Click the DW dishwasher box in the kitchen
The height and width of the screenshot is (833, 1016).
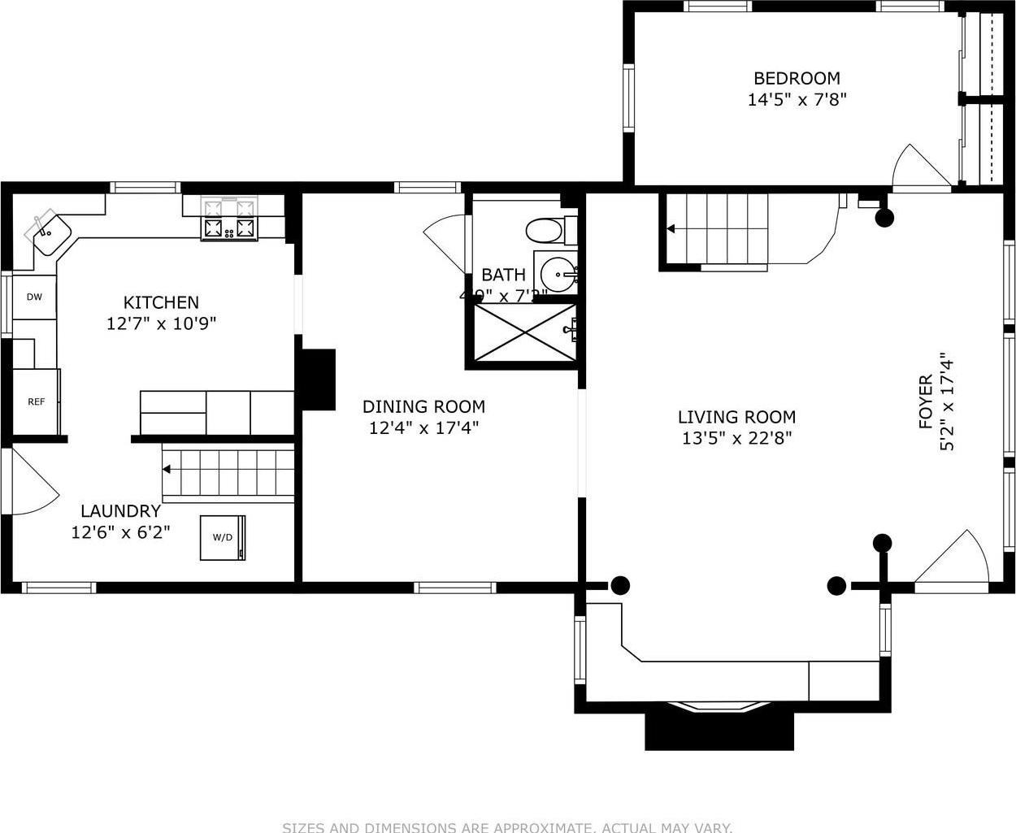click(x=34, y=297)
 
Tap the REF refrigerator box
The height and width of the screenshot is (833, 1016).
click(x=37, y=401)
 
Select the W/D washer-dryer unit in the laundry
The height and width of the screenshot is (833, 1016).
click(x=223, y=537)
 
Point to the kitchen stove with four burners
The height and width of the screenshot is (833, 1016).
click(x=229, y=228)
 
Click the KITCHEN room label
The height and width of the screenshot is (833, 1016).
click(x=161, y=302)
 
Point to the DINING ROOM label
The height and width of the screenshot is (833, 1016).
click(x=423, y=406)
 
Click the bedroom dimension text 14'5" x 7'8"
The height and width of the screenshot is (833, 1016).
click(x=797, y=100)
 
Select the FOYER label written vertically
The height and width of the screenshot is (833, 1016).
click(x=926, y=401)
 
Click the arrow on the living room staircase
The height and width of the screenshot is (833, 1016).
click(x=671, y=229)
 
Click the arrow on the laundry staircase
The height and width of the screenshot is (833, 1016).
click(x=167, y=469)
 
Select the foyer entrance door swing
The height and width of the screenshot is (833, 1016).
click(x=956, y=560)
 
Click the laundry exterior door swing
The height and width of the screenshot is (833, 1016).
click(x=33, y=484)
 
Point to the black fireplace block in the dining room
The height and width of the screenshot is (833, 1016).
click(x=319, y=380)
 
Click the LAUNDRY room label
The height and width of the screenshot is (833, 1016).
click(x=120, y=511)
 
